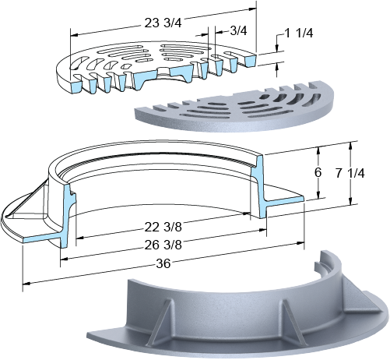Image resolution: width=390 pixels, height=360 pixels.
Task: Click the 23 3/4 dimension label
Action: coord(163,23)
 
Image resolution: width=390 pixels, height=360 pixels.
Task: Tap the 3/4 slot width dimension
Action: coord(238,31)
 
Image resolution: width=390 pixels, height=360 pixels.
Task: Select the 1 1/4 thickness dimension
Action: coord(299,34)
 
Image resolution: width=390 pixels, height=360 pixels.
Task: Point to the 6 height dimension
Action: coord(318,173)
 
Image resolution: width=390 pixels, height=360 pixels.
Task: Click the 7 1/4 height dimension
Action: coord(350,173)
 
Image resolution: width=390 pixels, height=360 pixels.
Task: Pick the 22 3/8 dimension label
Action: coord(163,228)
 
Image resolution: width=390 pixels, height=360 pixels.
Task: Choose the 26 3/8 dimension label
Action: coord(163,245)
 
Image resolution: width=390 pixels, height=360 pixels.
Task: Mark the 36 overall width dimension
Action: coord(163,264)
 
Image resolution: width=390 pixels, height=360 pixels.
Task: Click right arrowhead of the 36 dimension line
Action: coord(300,243)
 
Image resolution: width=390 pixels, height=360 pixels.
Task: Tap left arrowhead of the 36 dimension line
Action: coord(26,283)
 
